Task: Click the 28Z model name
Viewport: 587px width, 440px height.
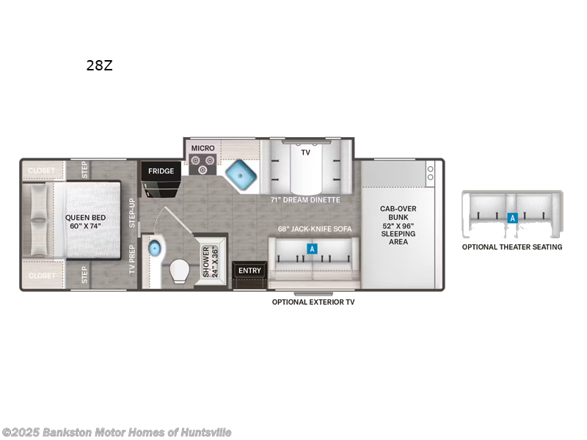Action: click(x=99, y=65)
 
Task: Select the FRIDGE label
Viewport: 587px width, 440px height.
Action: click(x=161, y=172)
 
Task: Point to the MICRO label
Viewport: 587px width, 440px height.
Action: click(x=203, y=148)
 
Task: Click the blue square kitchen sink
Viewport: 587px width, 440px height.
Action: click(x=239, y=176)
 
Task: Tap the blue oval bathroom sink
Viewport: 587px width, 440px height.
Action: click(x=154, y=249)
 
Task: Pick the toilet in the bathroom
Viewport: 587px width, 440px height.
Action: click(x=179, y=274)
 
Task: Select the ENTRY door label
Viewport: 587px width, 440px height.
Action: click(x=249, y=271)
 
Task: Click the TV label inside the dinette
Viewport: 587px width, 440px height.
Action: click(x=305, y=153)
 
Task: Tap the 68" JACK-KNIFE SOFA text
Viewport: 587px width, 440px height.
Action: click(x=314, y=229)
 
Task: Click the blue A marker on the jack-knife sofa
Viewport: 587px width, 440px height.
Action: click(x=312, y=249)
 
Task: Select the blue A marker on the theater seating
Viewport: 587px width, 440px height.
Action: click(x=512, y=218)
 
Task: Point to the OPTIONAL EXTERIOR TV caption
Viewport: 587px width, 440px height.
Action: click(x=313, y=302)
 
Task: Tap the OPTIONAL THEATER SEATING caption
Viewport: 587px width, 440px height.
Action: click(x=512, y=247)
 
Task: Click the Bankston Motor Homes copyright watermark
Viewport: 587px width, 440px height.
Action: click(x=117, y=433)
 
